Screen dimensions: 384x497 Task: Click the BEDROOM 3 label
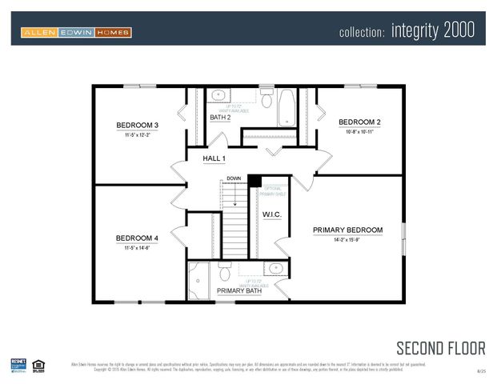tap(137, 125)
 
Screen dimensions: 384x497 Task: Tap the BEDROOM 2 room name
tap(359, 122)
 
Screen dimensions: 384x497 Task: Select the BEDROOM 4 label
tap(137, 238)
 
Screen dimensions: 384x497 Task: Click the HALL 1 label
tap(214, 159)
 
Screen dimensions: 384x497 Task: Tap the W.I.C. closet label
tap(272, 215)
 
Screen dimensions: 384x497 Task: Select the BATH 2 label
tap(220, 118)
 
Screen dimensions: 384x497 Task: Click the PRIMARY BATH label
tap(238, 290)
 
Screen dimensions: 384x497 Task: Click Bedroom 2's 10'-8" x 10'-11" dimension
tap(359, 131)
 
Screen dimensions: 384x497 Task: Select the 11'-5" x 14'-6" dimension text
tap(137, 247)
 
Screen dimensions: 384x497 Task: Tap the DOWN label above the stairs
tap(233, 178)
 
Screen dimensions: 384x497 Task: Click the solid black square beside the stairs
tap(255, 181)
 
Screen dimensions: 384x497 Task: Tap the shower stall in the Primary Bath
tap(198, 280)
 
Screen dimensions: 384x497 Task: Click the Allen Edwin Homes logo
tap(76, 32)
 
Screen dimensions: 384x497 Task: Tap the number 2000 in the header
tap(455, 30)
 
